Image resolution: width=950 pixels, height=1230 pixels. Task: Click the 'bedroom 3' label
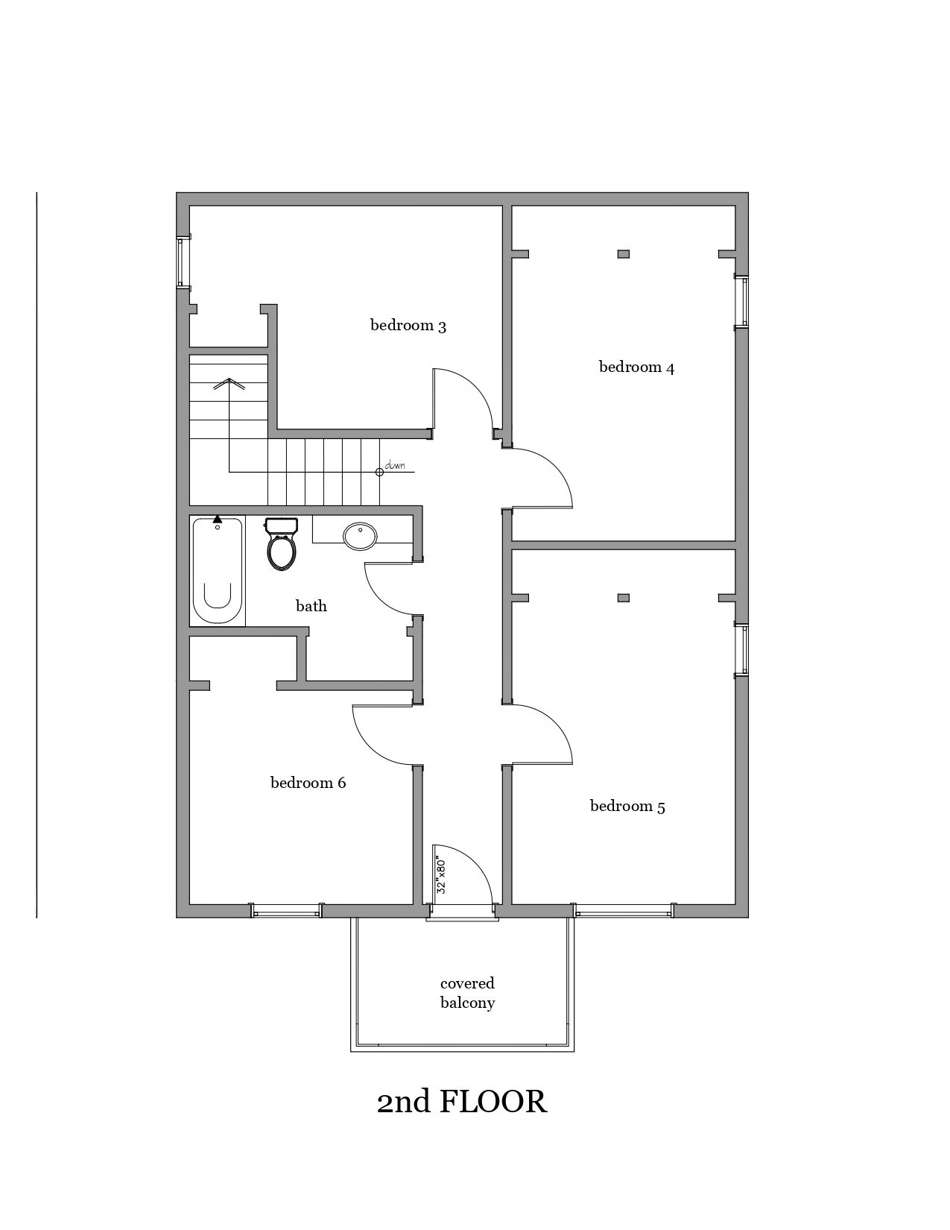(x=408, y=326)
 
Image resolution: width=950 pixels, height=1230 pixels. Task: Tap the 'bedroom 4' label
(x=636, y=367)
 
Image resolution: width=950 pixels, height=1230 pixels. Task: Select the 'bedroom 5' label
(x=627, y=806)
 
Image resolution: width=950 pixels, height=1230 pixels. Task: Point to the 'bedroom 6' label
(x=308, y=783)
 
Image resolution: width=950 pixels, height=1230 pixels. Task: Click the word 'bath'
(x=311, y=606)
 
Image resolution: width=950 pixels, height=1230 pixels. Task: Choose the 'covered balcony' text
(x=467, y=993)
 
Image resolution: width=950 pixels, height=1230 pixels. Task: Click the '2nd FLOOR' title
(x=462, y=1101)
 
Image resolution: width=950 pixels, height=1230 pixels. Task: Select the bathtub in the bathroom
(x=217, y=571)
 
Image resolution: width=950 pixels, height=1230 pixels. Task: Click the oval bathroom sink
(x=361, y=536)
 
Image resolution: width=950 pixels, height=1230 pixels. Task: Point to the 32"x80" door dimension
(x=441, y=877)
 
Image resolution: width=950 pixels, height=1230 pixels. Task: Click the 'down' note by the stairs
(x=395, y=466)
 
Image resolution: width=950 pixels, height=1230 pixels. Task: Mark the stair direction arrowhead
(x=229, y=383)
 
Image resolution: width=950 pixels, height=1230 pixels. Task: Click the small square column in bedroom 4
(x=624, y=254)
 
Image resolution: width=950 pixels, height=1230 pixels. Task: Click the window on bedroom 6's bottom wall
(x=287, y=910)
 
